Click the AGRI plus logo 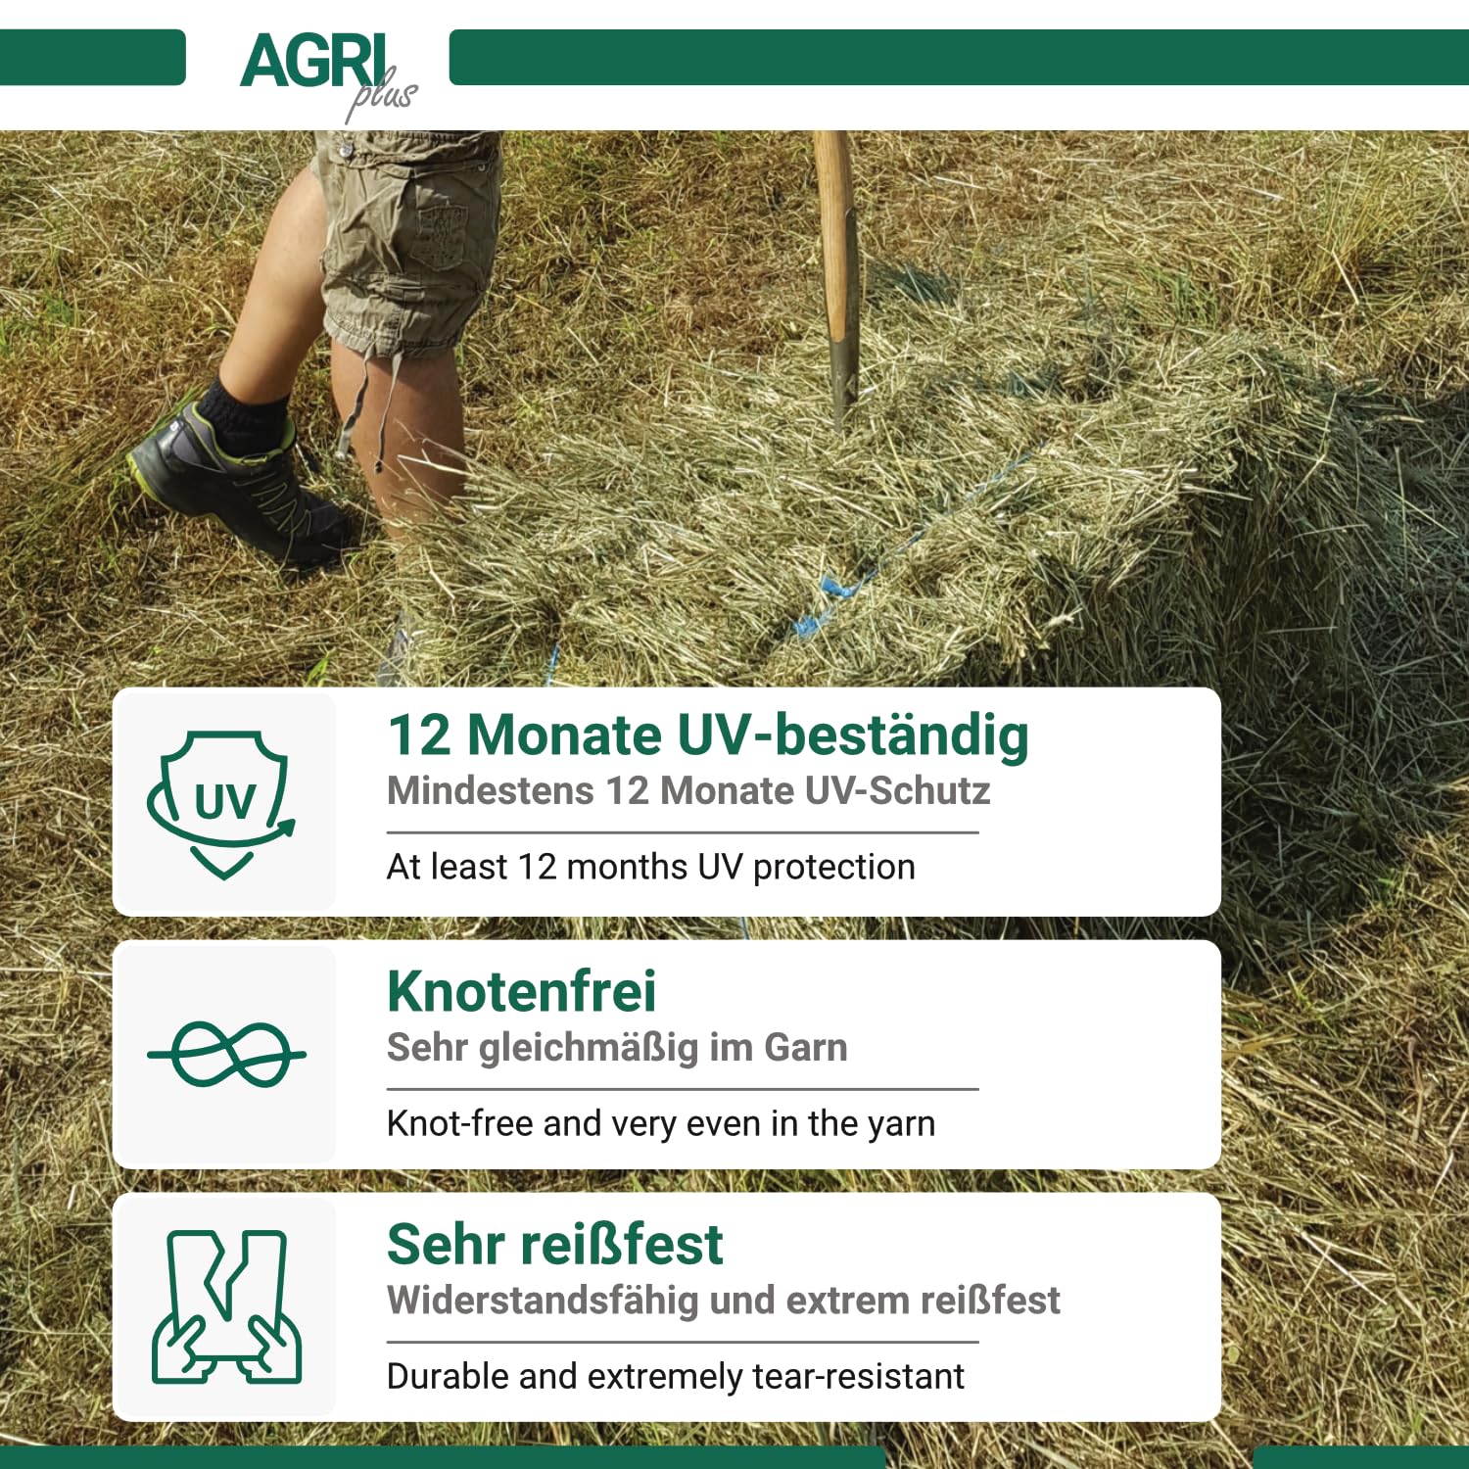(x=328, y=74)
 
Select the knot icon (x=226, y=1055)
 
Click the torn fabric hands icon (x=226, y=1306)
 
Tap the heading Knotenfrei (x=521, y=991)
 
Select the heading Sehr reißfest (x=554, y=1245)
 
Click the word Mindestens (x=491, y=790)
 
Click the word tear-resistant (x=859, y=1376)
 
